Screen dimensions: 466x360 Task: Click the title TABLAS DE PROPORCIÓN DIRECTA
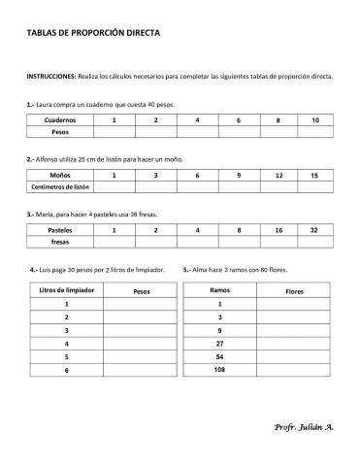(x=94, y=32)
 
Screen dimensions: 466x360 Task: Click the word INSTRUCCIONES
(x=50, y=75)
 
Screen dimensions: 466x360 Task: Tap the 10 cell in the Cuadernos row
(x=315, y=119)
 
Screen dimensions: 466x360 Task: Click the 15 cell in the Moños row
(x=314, y=176)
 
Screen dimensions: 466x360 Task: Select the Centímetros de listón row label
(x=60, y=187)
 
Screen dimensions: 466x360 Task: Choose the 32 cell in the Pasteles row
(x=314, y=230)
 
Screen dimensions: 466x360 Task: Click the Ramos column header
(x=219, y=290)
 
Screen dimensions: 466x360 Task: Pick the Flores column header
(x=294, y=290)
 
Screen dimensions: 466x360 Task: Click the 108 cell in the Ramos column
(x=219, y=370)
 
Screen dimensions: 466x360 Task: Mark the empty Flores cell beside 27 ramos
(x=294, y=343)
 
